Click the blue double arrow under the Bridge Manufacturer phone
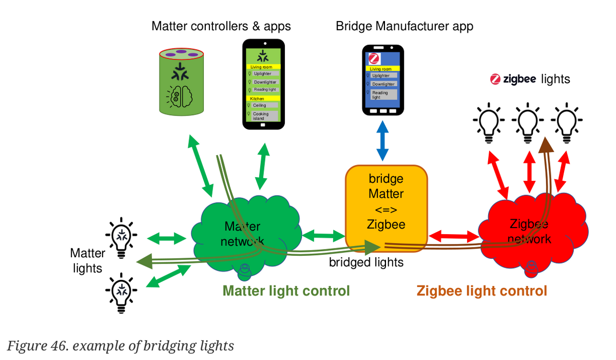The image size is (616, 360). [x=382, y=141]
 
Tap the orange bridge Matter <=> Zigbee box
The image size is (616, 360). [x=387, y=209]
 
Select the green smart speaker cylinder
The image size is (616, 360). [x=181, y=82]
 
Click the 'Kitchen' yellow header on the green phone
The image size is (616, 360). [x=263, y=98]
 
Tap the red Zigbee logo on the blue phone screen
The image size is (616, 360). [x=374, y=59]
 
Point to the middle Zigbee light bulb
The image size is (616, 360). [x=528, y=123]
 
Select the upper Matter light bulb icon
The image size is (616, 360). [x=121, y=238]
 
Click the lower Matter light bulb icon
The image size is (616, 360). [x=121, y=293]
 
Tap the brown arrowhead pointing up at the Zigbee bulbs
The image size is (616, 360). [x=546, y=145]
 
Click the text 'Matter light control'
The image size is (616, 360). [x=286, y=291]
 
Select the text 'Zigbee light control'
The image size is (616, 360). [x=482, y=291]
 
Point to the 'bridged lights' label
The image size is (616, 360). [x=367, y=262]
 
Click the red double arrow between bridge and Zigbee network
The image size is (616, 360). [x=454, y=236]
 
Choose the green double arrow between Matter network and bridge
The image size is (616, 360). [x=323, y=236]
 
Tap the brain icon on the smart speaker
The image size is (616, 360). [x=179, y=97]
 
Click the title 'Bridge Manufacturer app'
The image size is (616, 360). [x=405, y=26]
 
